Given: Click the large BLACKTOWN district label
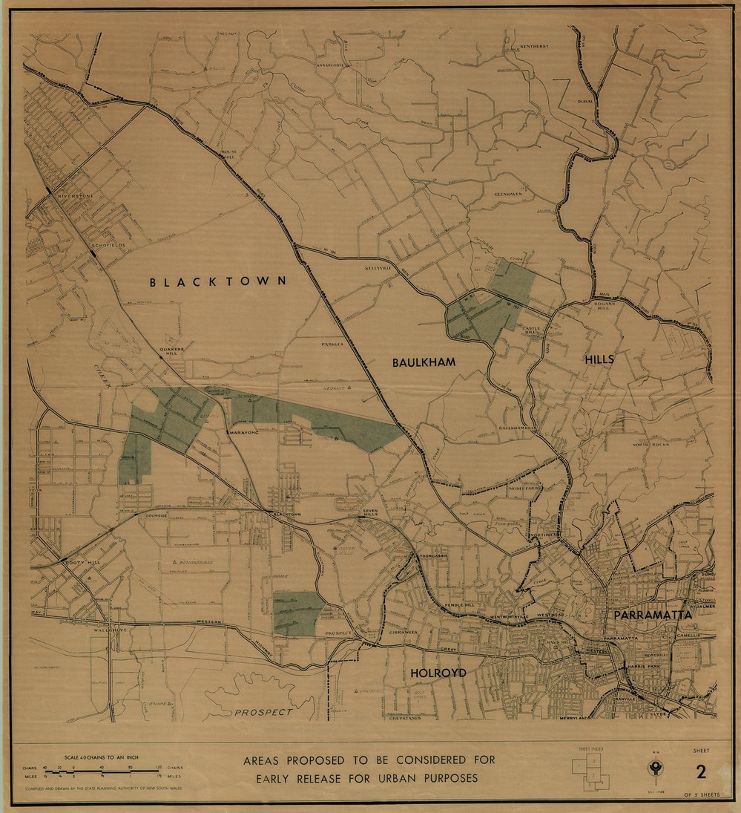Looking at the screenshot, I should (x=218, y=282).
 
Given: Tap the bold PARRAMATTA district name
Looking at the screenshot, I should (x=652, y=616).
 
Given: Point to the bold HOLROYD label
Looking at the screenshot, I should (x=438, y=673).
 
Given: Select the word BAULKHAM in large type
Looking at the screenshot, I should (x=424, y=362).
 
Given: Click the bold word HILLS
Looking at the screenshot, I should (x=599, y=359).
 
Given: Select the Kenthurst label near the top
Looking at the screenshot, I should (x=533, y=47).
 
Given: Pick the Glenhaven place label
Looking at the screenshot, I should (x=509, y=195).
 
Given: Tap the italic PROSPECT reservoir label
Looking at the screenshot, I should (x=263, y=712).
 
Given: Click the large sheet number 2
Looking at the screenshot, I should (x=699, y=771).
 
